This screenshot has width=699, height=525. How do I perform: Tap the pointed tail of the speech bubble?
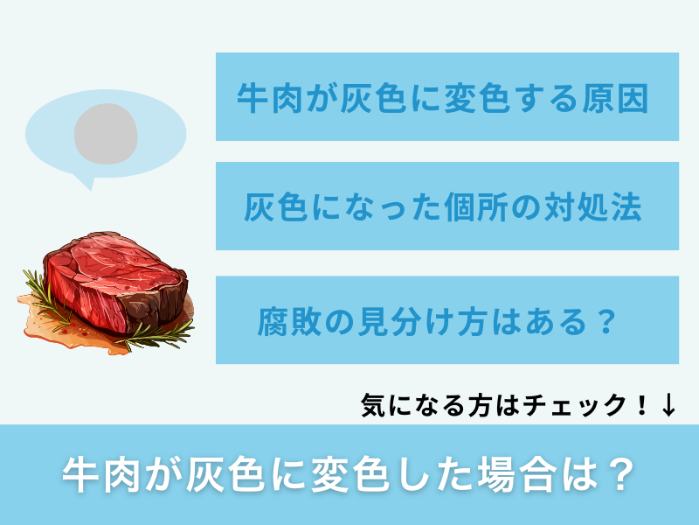pos(84,182)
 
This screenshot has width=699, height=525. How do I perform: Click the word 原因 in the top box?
pos(621,98)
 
